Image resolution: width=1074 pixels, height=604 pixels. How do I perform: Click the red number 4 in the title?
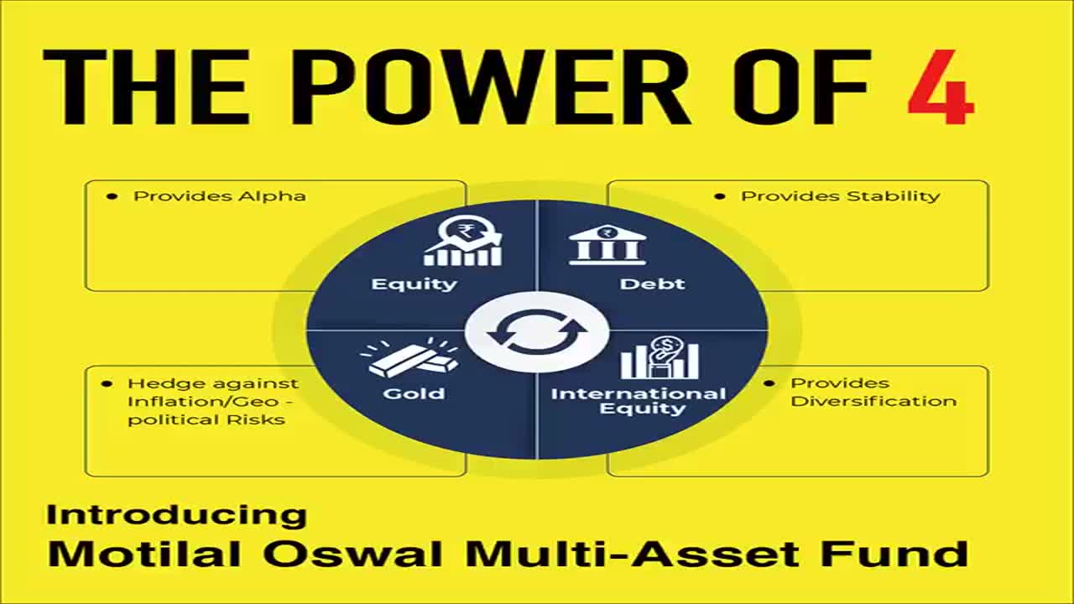click(941, 87)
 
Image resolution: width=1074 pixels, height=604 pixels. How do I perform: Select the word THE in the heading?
click(146, 87)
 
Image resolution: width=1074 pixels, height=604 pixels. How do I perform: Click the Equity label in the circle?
click(414, 284)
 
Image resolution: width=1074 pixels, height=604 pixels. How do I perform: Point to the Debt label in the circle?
click(652, 284)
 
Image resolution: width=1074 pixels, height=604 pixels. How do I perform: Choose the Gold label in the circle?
click(414, 393)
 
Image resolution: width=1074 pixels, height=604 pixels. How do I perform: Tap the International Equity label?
click(639, 401)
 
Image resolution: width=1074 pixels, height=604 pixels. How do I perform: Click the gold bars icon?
click(409, 357)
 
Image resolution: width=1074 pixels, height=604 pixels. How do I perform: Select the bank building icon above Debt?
click(607, 244)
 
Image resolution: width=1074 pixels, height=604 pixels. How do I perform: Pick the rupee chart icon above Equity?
click(463, 241)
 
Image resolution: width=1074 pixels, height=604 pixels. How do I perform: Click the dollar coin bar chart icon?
click(660, 357)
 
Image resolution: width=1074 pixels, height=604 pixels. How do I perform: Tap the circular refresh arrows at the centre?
click(537, 332)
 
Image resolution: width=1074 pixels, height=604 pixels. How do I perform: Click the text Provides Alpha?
click(220, 196)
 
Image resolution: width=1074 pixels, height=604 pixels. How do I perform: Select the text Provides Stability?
click(841, 196)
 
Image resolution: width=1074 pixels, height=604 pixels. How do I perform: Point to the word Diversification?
click(873, 401)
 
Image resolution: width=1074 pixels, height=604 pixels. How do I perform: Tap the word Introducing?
click(176, 515)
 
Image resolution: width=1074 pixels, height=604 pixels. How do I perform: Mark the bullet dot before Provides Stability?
click(720, 196)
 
